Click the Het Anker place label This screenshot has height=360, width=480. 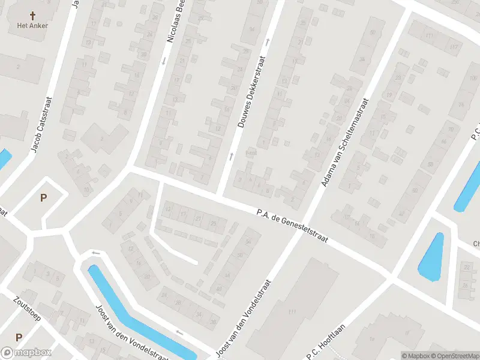pyautogui.click(x=31, y=25)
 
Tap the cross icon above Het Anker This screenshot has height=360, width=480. pyautogui.click(x=31, y=14)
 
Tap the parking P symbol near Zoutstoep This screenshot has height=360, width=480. pyautogui.click(x=19, y=338)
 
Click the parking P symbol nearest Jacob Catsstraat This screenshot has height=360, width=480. pyautogui.click(x=43, y=197)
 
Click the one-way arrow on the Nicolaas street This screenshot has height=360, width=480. pyautogui.click(x=163, y=61)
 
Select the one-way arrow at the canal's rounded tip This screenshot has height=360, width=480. pyautogui.click(x=95, y=253)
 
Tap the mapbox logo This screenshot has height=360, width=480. pyautogui.click(x=26, y=353)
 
